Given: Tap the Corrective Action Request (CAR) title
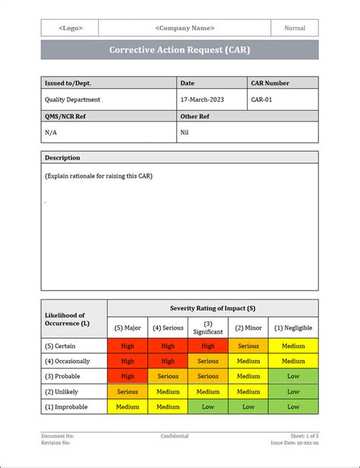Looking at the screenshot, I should coord(180,49).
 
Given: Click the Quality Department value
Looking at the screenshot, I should coord(73,100).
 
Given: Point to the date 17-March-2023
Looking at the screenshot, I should coord(203,100).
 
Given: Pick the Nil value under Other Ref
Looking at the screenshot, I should coord(185,131).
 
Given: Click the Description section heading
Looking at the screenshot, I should coord(62,157).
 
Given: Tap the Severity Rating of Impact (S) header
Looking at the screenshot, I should coord(213,308).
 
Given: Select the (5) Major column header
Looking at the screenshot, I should coord(128,327).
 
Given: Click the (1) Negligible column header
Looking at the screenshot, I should coord(293,327).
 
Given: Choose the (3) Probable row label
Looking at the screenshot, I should coord(66,376).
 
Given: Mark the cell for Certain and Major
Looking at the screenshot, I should coord(128,346).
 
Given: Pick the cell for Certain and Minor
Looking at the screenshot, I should coord(248,346).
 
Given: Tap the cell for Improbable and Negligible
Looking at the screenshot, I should coord(293,406).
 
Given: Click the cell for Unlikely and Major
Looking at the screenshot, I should coord(128,391).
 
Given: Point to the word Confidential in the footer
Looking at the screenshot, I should coord(175,436).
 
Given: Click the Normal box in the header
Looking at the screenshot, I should coord(295,28).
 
